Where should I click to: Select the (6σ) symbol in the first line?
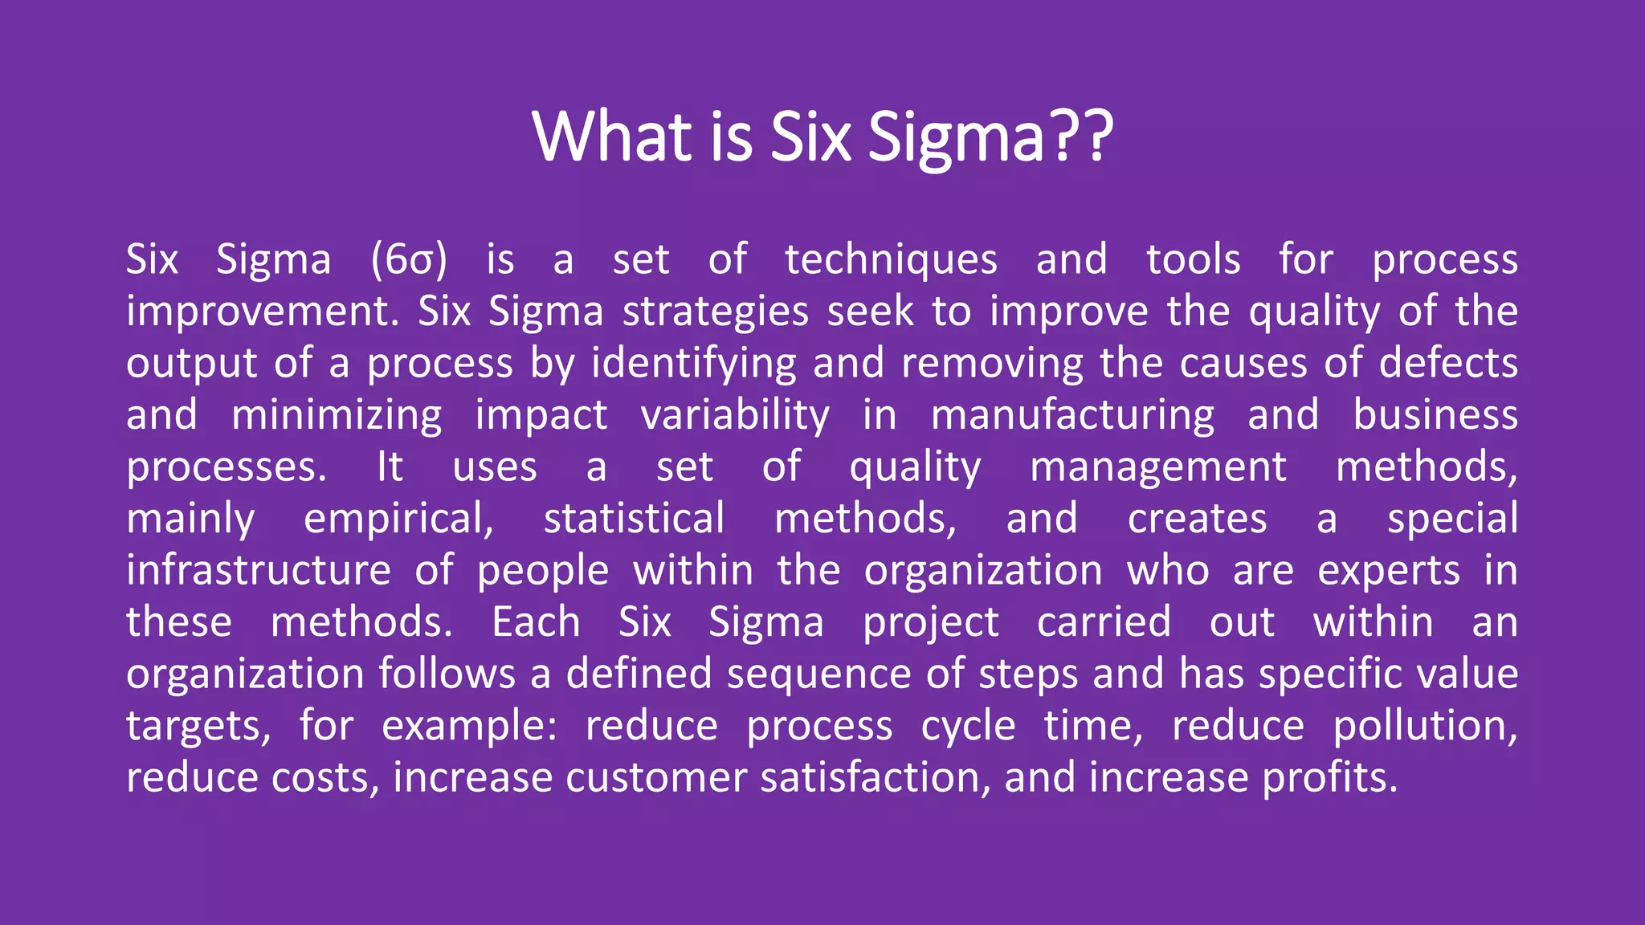click(x=408, y=260)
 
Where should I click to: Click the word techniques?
click(x=891, y=260)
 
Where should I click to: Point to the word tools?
click(x=1193, y=260)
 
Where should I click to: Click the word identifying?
click(x=694, y=364)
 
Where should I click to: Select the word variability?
click(x=735, y=416)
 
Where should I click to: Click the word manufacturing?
click(x=1072, y=416)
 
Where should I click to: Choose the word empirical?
click(x=398, y=520)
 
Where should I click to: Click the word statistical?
click(x=634, y=520)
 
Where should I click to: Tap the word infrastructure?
click(x=259, y=571)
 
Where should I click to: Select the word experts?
click(x=1389, y=571)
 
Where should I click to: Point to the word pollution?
click(x=1425, y=727)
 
